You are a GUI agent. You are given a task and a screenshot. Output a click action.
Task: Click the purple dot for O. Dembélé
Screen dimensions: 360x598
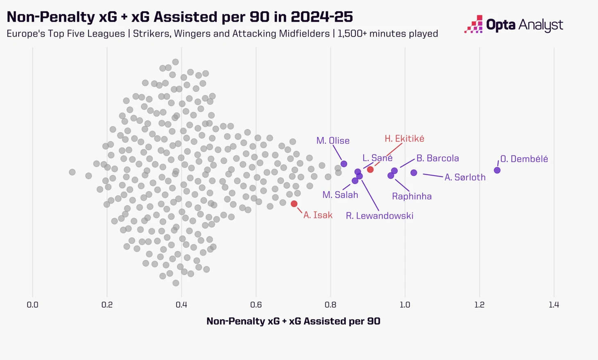pyautogui.click(x=497, y=170)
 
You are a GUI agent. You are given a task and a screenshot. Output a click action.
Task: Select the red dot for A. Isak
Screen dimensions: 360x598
pyautogui.click(x=294, y=204)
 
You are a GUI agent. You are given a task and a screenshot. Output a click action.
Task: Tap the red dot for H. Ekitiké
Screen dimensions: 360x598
pyautogui.click(x=370, y=169)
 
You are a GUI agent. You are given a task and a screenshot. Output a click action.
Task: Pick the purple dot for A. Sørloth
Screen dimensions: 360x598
pyautogui.click(x=414, y=173)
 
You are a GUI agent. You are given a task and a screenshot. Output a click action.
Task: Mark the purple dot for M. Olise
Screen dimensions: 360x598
pyautogui.click(x=344, y=164)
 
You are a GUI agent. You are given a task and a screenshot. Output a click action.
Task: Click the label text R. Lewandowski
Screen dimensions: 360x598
pyautogui.click(x=379, y=216)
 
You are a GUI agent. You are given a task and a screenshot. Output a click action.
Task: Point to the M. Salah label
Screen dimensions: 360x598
pyautogui.click(x=340, y=195)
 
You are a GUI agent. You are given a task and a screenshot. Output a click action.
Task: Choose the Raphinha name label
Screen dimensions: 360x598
pyautogui.click(x=412, y=196)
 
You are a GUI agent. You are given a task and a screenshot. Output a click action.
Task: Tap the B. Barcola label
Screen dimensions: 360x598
pyautogui.click(x=437, y=158)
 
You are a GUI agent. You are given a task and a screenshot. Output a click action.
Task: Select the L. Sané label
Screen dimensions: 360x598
pyautogui.click(x=377, y=158)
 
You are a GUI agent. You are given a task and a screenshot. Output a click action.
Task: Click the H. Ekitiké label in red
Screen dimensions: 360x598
pyautogui.click(x=404, y=139)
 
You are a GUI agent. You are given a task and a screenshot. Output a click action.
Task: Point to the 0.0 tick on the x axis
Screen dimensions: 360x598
pyautogui.click(x=32, y=305)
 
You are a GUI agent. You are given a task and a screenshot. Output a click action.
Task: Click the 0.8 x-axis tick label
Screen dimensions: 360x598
pyautogui.click(x=331, y=305)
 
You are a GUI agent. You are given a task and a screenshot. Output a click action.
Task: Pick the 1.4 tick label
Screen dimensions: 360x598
pyautogui.click(x=554, y=305)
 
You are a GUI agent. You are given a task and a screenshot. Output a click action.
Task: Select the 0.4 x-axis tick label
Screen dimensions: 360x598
pyautogui.click(x=181, y=305)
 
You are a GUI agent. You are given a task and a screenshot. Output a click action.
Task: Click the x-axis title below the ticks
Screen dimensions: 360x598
pyautogui.click(x=293, y=321)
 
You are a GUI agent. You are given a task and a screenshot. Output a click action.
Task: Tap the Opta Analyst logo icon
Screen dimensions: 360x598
pyautogui.click(x=474, y=25)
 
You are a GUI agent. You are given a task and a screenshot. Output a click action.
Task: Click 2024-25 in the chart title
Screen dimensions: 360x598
pyautogui.click(x=322, y=17)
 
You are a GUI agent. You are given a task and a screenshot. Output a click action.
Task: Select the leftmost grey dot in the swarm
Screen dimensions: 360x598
pyautogui.click(x=72, y=172)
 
